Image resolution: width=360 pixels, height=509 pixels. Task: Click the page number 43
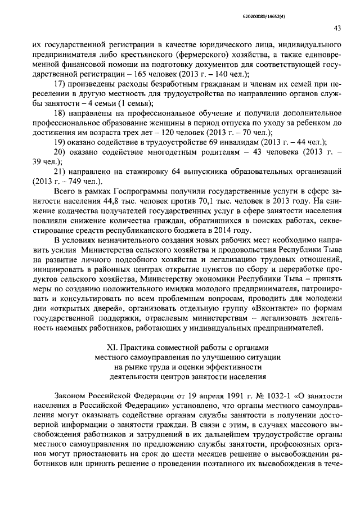337,27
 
